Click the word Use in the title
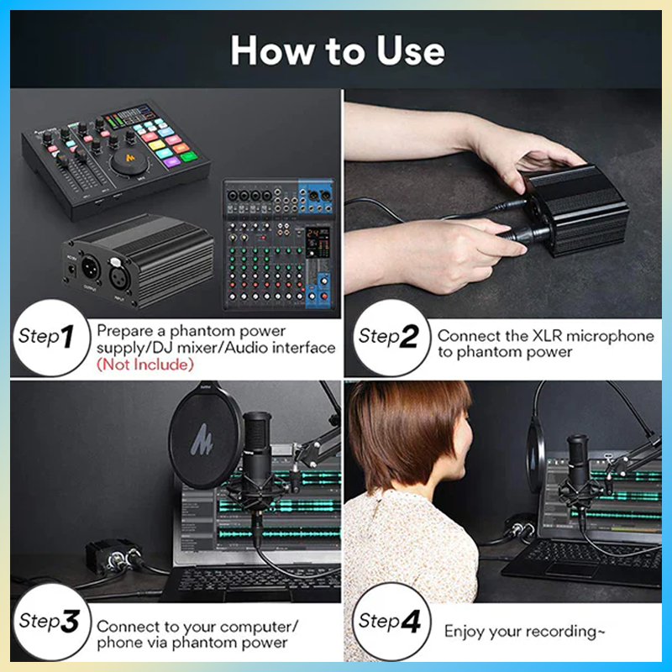coord(411,50)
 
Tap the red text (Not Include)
coord(145,365)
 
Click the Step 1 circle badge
coord(52,338)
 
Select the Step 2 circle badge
coord(391,338)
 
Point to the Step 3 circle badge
coord(52,622)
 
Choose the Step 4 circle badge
coord(391,622)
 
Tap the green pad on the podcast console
coord(188,156)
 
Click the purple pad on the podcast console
coord(172,162)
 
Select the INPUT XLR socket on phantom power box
coord(119,278)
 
